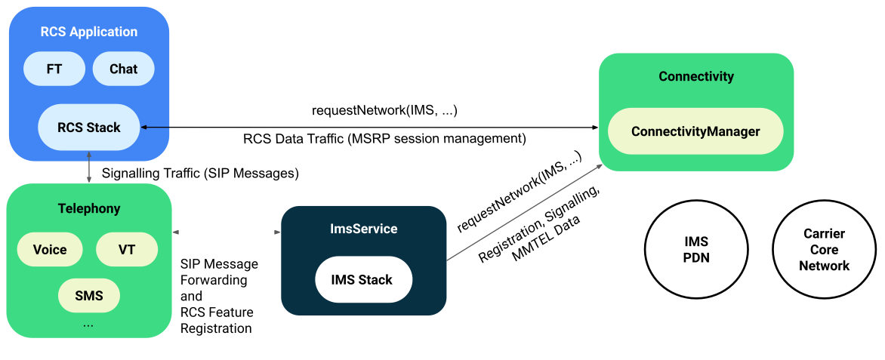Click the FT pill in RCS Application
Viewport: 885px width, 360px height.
(54, 69)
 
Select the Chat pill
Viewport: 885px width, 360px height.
(124, 69)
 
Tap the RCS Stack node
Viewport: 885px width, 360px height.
(89, 128)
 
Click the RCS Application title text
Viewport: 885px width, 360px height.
(89, 32)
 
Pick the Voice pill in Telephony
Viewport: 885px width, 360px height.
(50, 250)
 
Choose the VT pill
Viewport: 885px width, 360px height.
(127, 250)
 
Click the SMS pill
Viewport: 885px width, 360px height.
(88, 294)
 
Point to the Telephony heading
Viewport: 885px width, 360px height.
(89, 208)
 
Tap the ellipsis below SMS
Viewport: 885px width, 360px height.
(88, 323)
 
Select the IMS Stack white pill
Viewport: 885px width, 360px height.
(363, 280)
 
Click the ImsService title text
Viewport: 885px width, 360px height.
(363, 229)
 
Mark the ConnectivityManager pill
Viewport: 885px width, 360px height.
(695, 131)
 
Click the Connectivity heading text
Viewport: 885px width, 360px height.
(695, 76)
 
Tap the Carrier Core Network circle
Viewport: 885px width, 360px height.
(824, 250)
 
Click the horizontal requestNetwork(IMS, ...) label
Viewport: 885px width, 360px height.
(384, 110)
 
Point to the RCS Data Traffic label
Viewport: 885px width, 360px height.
(384, 139)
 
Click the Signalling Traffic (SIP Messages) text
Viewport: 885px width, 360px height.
(200, 173)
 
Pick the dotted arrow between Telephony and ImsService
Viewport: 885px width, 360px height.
(227, 232)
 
